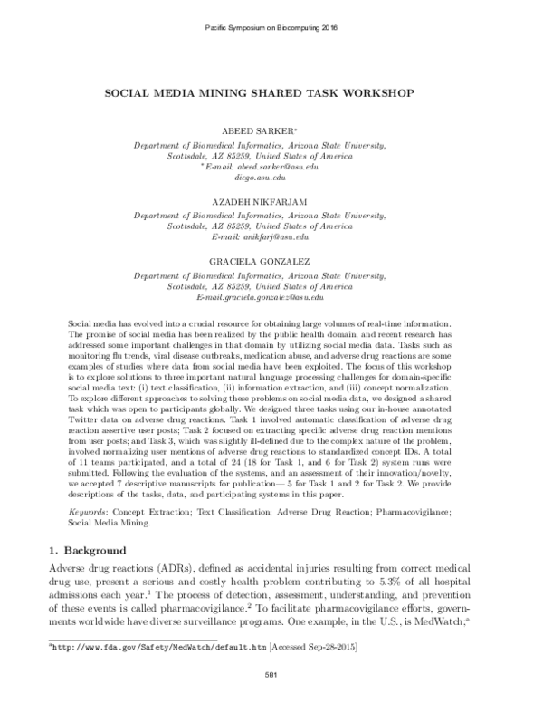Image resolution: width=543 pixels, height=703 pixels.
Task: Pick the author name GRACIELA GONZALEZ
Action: (x=271, y=263)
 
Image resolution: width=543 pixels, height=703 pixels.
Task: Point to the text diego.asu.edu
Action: (x=271, y=179)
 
